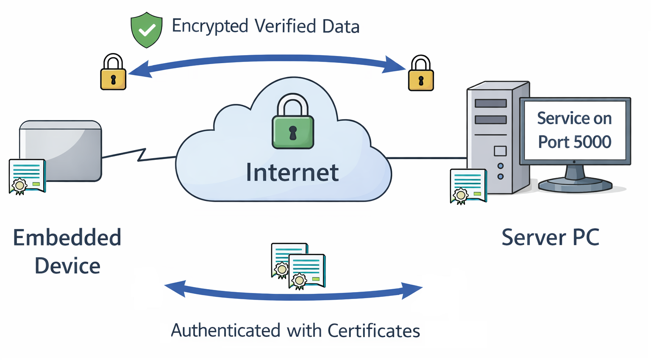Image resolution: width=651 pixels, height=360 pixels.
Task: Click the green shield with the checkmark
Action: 146,30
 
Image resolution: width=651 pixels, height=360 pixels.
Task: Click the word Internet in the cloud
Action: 292,173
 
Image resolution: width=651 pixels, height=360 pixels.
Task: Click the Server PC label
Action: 550,237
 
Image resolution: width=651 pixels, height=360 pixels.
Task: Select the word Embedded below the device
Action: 67,237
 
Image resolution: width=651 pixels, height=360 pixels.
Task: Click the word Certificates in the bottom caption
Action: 373,331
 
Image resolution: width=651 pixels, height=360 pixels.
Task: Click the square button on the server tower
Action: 500,151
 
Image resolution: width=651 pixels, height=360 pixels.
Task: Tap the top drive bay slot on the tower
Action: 490,103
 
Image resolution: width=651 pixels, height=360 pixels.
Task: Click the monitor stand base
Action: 575,185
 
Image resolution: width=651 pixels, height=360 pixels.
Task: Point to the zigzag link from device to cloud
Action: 139,155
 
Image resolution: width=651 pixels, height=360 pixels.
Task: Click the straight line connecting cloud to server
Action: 426,158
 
